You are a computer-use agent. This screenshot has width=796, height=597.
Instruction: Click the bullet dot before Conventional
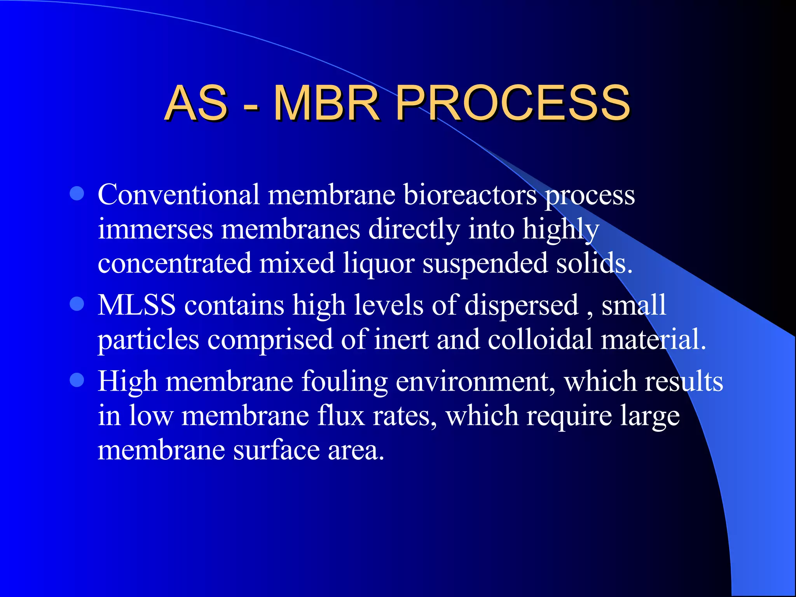click(77, 193)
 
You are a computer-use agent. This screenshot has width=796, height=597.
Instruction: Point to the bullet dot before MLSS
click(77, 304)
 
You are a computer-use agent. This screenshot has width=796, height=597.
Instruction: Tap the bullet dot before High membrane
click(77, 380)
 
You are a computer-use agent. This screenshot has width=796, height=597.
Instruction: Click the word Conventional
click(178, 194)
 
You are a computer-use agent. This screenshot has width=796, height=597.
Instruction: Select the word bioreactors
click(470, 194)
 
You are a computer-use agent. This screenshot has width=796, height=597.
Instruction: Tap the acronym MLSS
click(136, 305)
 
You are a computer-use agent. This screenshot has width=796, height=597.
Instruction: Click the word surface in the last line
click(276, 450)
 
